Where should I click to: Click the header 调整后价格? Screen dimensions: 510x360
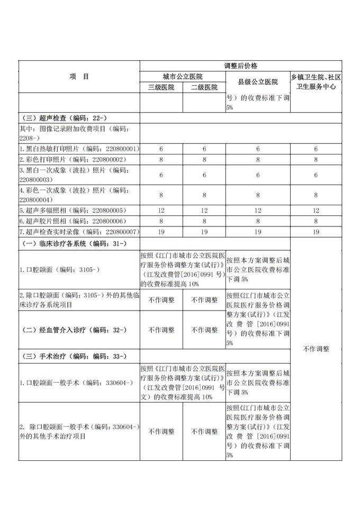[240, 66]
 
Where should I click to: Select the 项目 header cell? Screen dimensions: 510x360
[79, 77]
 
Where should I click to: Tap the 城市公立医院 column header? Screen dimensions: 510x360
[183, 77]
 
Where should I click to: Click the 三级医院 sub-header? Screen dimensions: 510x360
[161, 87]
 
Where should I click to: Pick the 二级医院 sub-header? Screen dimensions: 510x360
[204, 87]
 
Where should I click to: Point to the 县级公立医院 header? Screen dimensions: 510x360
[257, 82]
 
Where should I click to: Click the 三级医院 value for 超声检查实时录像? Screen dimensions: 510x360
[161, 231]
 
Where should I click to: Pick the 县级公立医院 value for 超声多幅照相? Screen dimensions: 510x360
[257, 210]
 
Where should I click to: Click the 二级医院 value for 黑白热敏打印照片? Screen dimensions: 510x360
[204, 149]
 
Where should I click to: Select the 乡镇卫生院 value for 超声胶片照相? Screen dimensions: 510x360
[316, 221]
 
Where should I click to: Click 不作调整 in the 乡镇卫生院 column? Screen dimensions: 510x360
[316, 349]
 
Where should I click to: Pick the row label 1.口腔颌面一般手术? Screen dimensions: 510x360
[76, 382]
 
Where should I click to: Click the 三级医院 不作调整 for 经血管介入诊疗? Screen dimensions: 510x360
[161, 330]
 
